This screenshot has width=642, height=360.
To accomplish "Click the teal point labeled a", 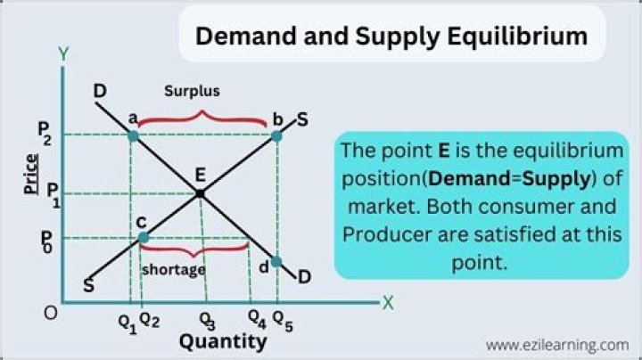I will click(133, 135).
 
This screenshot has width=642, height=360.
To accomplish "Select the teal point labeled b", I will click(276, 135).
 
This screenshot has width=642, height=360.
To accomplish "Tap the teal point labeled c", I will click(143, 237).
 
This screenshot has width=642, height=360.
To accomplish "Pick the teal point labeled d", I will click(276, 262).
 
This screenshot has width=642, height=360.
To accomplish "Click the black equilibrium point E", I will click(201, 192).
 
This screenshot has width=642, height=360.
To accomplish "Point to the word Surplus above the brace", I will click(192, 91).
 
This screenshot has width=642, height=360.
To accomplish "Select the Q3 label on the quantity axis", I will click(207, 319).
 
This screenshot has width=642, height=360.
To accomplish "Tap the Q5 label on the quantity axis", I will click(281, 319).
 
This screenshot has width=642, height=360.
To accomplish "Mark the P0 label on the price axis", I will click(45, 241).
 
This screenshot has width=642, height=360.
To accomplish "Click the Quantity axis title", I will click(223, 341).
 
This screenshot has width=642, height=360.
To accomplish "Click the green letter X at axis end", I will click(388, 302).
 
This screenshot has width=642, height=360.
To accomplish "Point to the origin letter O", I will click(51, 314).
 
